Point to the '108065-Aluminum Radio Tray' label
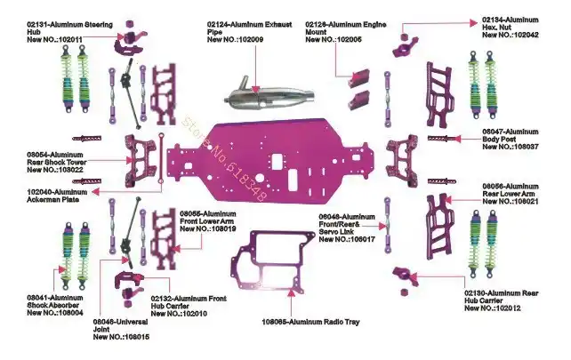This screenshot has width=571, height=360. (311, 322)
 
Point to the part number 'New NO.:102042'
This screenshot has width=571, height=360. (511, 35)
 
